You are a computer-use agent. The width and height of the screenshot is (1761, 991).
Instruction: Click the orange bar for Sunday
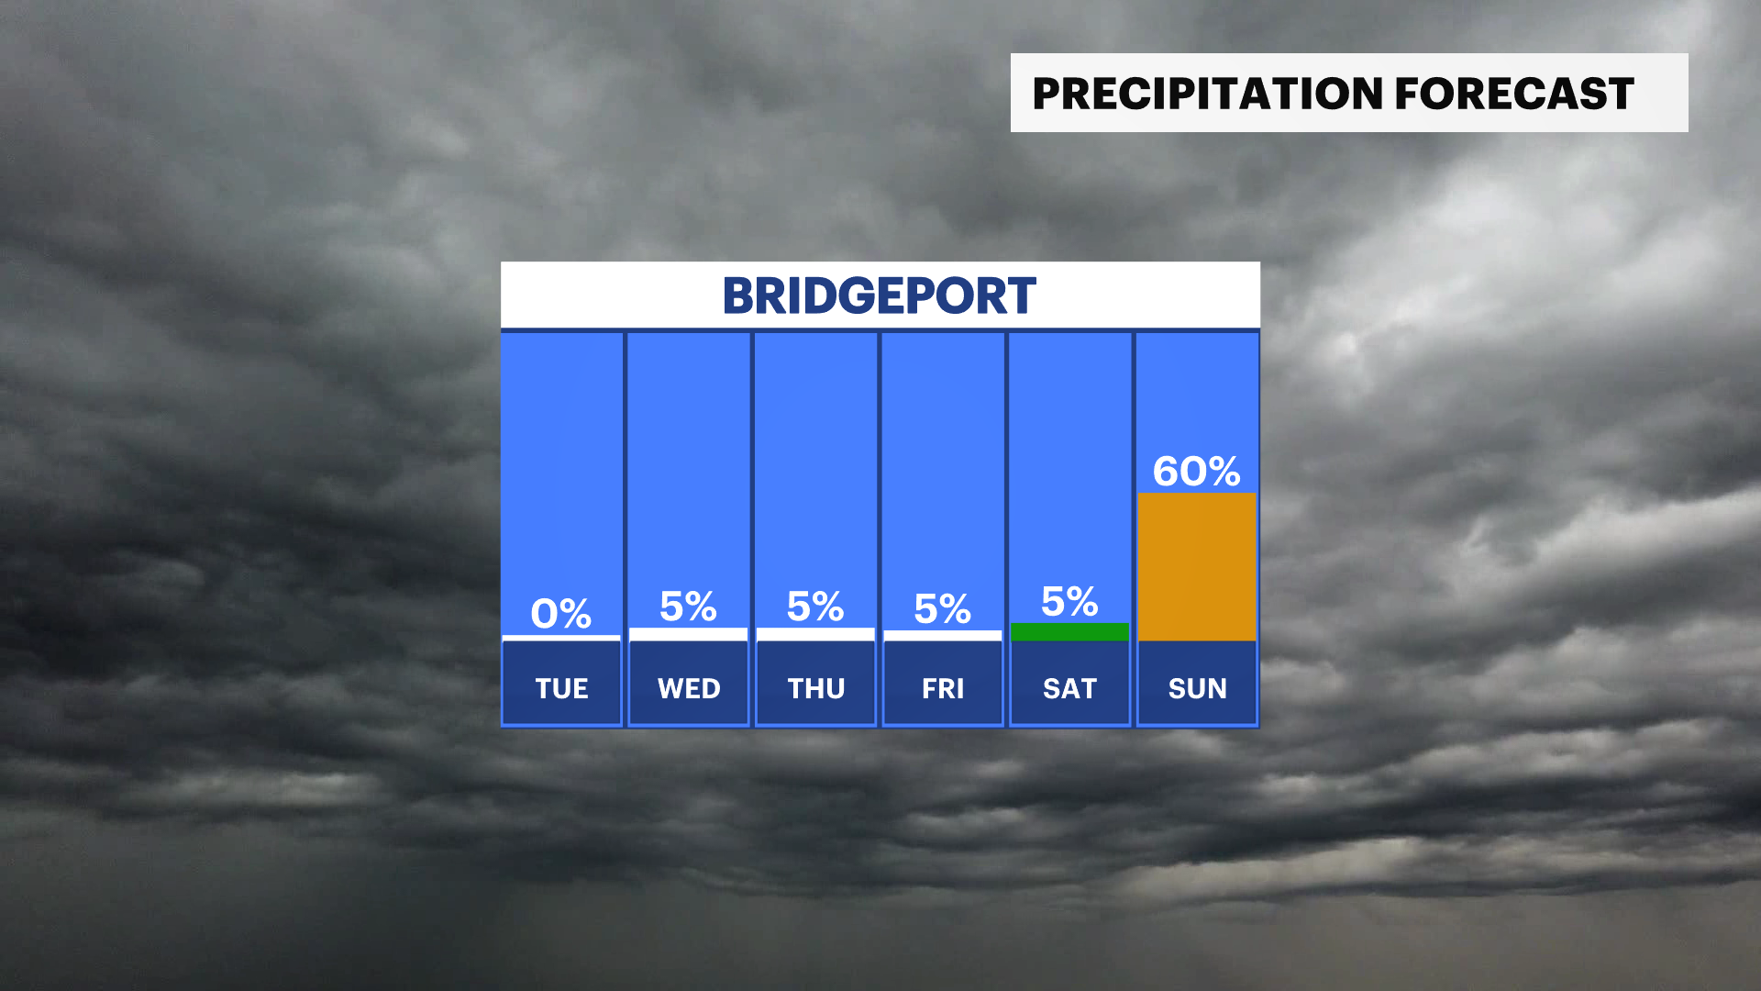(x=1197, y=567)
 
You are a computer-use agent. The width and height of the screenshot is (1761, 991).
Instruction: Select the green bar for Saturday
(x=1069, y=632)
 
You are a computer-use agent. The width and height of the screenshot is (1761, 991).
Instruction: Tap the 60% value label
(x=1197, y=472)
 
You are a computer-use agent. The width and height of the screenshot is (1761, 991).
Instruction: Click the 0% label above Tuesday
(x=561, y=614)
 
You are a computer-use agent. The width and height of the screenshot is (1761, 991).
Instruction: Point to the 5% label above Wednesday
(x=688, y=607)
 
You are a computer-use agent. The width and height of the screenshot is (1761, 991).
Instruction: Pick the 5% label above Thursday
(x=815, y=607)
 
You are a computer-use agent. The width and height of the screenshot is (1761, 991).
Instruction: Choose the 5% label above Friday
(x=942, y=609)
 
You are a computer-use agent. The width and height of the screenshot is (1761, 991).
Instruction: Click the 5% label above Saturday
(x=1069, y=602)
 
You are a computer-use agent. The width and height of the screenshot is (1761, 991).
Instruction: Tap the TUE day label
(x=561, y=688)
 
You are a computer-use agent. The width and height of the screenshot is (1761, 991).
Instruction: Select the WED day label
(x=689, y=688)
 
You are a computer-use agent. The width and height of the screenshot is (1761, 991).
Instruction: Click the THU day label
(x=815, y=688)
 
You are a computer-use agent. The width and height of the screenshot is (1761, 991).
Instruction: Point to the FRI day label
(x=943, y=688)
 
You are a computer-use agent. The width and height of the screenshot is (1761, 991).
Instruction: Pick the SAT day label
(x=1069, y=688)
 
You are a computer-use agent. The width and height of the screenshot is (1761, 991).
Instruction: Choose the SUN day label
(x=1197, y=688)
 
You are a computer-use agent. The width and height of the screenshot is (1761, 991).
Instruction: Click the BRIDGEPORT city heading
(x=880, y=296)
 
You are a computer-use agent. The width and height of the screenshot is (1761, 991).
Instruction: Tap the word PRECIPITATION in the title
(x=1206, y=94)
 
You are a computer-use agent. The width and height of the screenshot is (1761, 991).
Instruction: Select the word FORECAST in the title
(x=1514, y=94)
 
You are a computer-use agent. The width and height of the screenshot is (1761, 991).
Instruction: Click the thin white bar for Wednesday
(x=689, y=634)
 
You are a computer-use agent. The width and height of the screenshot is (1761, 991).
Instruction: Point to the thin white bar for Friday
(x=943, y=635)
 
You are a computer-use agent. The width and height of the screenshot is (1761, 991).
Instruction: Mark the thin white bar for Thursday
(x=815, y=634)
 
